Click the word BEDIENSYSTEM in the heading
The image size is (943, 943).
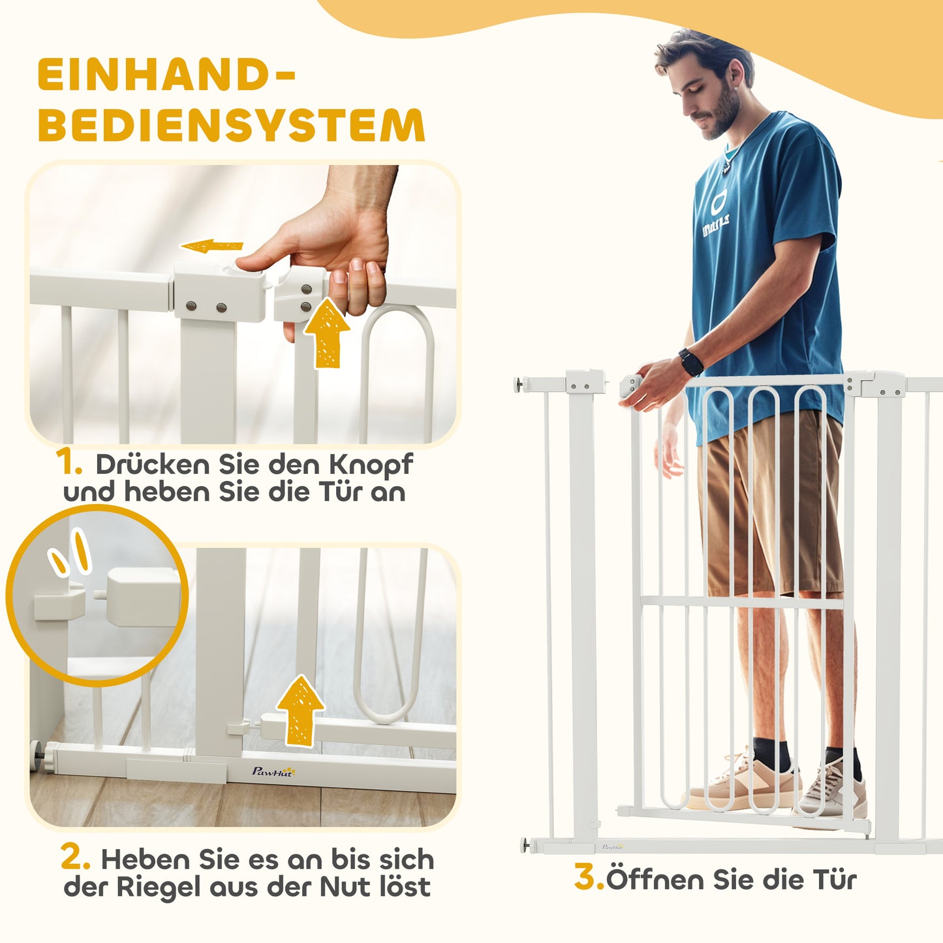232,125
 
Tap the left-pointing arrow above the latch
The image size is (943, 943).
211,246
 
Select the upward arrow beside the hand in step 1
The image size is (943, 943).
326,333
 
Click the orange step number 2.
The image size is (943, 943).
75,858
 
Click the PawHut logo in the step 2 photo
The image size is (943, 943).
273,771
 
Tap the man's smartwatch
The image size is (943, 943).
691,362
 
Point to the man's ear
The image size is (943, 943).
734,84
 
